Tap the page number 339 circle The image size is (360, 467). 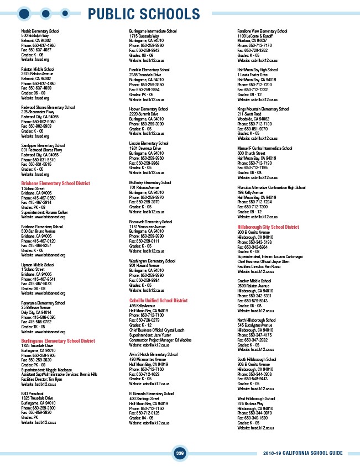(x=180, y=453)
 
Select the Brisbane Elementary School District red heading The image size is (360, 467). (x=55, y=183)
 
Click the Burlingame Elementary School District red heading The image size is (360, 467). (x=58, y=341)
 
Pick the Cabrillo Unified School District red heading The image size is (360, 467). (x=158, y=301)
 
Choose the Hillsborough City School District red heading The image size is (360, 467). (x=268, y=227)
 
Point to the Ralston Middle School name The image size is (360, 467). (x=38, y=69)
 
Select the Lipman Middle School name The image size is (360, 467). (x=38, y=265)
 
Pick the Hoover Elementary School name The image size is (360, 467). (x=149, y=109)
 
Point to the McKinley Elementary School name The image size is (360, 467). (x=150, y=182)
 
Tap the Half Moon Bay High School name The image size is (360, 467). (x=258, y=70)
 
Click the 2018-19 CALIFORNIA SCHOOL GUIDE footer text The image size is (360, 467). (x=303, y=453)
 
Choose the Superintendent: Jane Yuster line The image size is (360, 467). (x=151, y=334)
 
